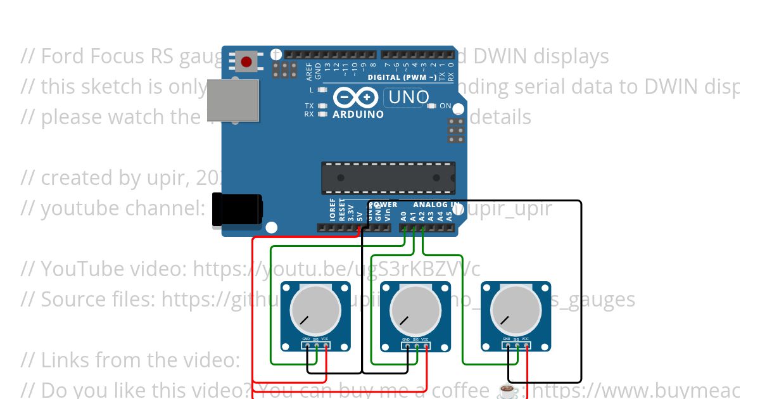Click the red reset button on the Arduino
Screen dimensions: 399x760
(246, 61)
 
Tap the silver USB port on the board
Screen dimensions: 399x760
(232, 100)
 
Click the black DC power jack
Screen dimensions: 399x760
(237, 209)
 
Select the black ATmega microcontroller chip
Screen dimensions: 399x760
(388, 177)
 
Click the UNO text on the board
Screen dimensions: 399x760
(408, 98)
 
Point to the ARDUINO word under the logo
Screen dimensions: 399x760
(358, 115)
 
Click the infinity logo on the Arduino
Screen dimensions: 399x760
(357, 98)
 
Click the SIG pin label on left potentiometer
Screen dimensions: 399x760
(315, 339)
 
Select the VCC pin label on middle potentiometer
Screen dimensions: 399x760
(425, 339)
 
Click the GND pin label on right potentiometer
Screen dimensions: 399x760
(506, 339)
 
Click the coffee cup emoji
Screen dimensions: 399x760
(508, 391)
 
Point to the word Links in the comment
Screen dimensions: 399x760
(62, 360)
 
